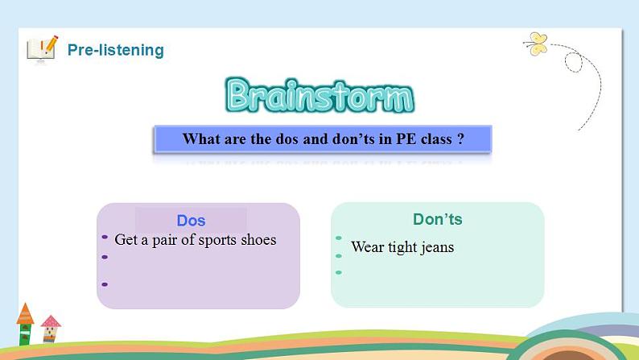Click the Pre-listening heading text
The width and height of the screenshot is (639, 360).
pos(115,50)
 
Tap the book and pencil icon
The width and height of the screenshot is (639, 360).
pos(42,48)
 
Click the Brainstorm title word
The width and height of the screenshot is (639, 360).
pos(319,96)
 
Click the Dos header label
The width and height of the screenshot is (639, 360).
pos(191,221)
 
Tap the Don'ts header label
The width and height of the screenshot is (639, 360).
pos(437,219)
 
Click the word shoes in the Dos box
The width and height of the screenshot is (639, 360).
pos(257,240)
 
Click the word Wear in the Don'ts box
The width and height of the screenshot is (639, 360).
pos(367,247)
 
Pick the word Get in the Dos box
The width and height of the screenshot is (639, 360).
pos(126,240)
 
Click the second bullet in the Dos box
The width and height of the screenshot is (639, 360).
pos(105,258)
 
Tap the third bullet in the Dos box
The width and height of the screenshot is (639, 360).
pos(105,284)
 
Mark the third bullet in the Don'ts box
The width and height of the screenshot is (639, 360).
pos(339,271)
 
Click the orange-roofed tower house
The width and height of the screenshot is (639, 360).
pos(25,325)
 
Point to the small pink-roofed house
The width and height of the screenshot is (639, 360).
pos(51,328)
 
